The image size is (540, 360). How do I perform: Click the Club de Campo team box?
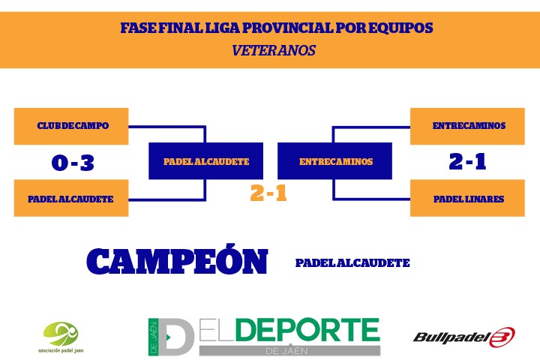71,126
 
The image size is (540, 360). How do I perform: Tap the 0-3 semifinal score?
73,163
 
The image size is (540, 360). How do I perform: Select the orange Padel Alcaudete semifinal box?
71,198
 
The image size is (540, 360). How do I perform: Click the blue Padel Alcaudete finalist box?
205,161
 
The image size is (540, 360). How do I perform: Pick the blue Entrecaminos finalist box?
334,161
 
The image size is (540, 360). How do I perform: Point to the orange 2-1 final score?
268,193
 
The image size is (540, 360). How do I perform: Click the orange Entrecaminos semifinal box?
467,126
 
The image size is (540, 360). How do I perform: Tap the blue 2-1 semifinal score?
467,161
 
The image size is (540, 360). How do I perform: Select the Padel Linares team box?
467,198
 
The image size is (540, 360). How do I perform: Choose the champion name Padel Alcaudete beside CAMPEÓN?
352,263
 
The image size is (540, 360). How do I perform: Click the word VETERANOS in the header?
274,51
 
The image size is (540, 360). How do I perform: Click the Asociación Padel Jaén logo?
61,337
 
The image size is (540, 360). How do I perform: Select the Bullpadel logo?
464,337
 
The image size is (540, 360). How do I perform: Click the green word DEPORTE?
308,330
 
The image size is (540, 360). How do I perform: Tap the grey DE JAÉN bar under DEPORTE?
290,351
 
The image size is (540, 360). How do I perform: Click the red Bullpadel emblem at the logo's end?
502,337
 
